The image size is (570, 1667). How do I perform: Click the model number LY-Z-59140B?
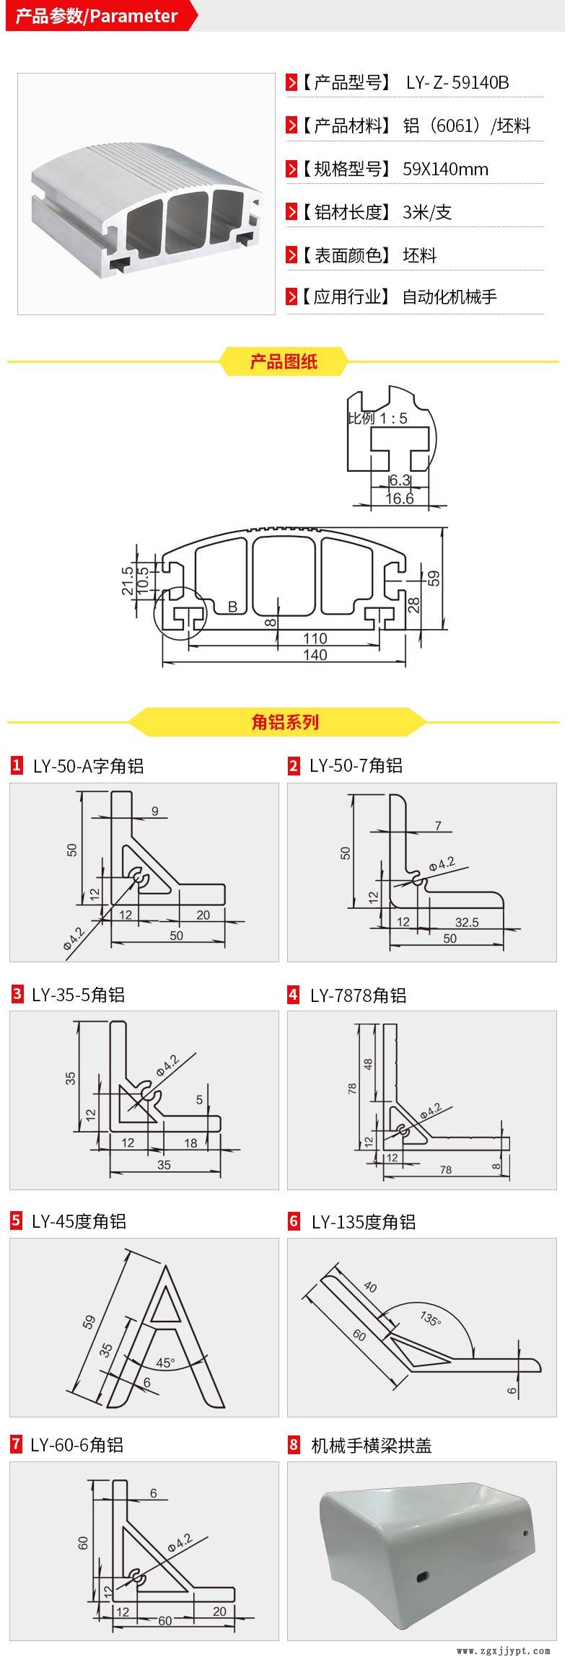pyautogui.click(x=457, y=82)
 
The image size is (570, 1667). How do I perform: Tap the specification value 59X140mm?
pyautogui.click(x=445, y=170)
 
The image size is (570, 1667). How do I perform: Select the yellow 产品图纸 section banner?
pyautogui.click(x=284, y=361)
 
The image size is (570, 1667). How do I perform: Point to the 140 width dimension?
pyautogui.click(x=315, y=655)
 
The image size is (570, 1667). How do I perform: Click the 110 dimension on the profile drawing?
pyautogui.click(x=315, y=638)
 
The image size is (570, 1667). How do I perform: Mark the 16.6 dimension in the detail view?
pyautogui.click(x=399, y=498)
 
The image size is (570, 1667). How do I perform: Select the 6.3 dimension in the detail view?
pyautogui.click(x=399, y=480)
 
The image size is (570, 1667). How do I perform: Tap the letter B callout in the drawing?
pyautogui.click(x=232, y=607)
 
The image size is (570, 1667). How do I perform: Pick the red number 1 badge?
pyautogui.click(x=17, y=765)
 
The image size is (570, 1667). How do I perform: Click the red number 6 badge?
pyautogui.click(x=294, y=1221)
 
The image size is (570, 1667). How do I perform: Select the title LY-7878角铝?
pyautogui.click(x=358, y=995)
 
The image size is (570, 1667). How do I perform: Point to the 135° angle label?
pyautogui.click(x=430, y=1319)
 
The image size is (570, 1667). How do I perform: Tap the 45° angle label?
pyautogui.click(x=165, y=1363)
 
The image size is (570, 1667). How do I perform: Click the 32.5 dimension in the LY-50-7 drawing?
pyautogui.click(x=467, y=922)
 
